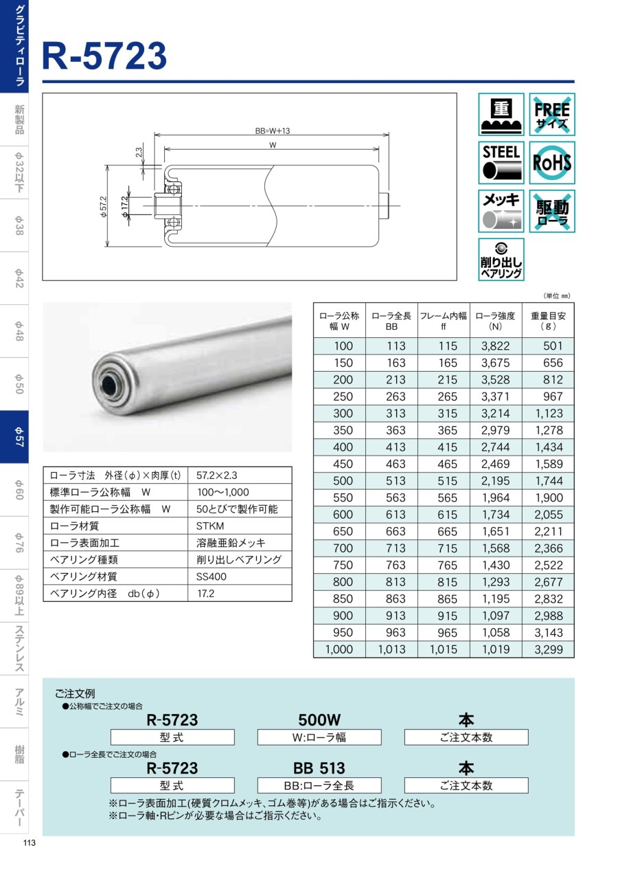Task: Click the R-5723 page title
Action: tap(104, 56)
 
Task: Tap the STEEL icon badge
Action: tap(501, 163)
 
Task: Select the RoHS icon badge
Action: tap(551, 163)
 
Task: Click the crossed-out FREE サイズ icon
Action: tap(551, 114)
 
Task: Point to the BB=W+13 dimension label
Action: tap(273, 131)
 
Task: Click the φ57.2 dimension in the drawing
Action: tap(104, 206)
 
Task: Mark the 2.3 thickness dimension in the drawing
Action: tap(139, 153)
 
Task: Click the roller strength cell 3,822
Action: tap(495, 346)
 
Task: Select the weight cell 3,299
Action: tap(548, 649)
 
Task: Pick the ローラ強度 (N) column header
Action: tap(495, 321)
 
